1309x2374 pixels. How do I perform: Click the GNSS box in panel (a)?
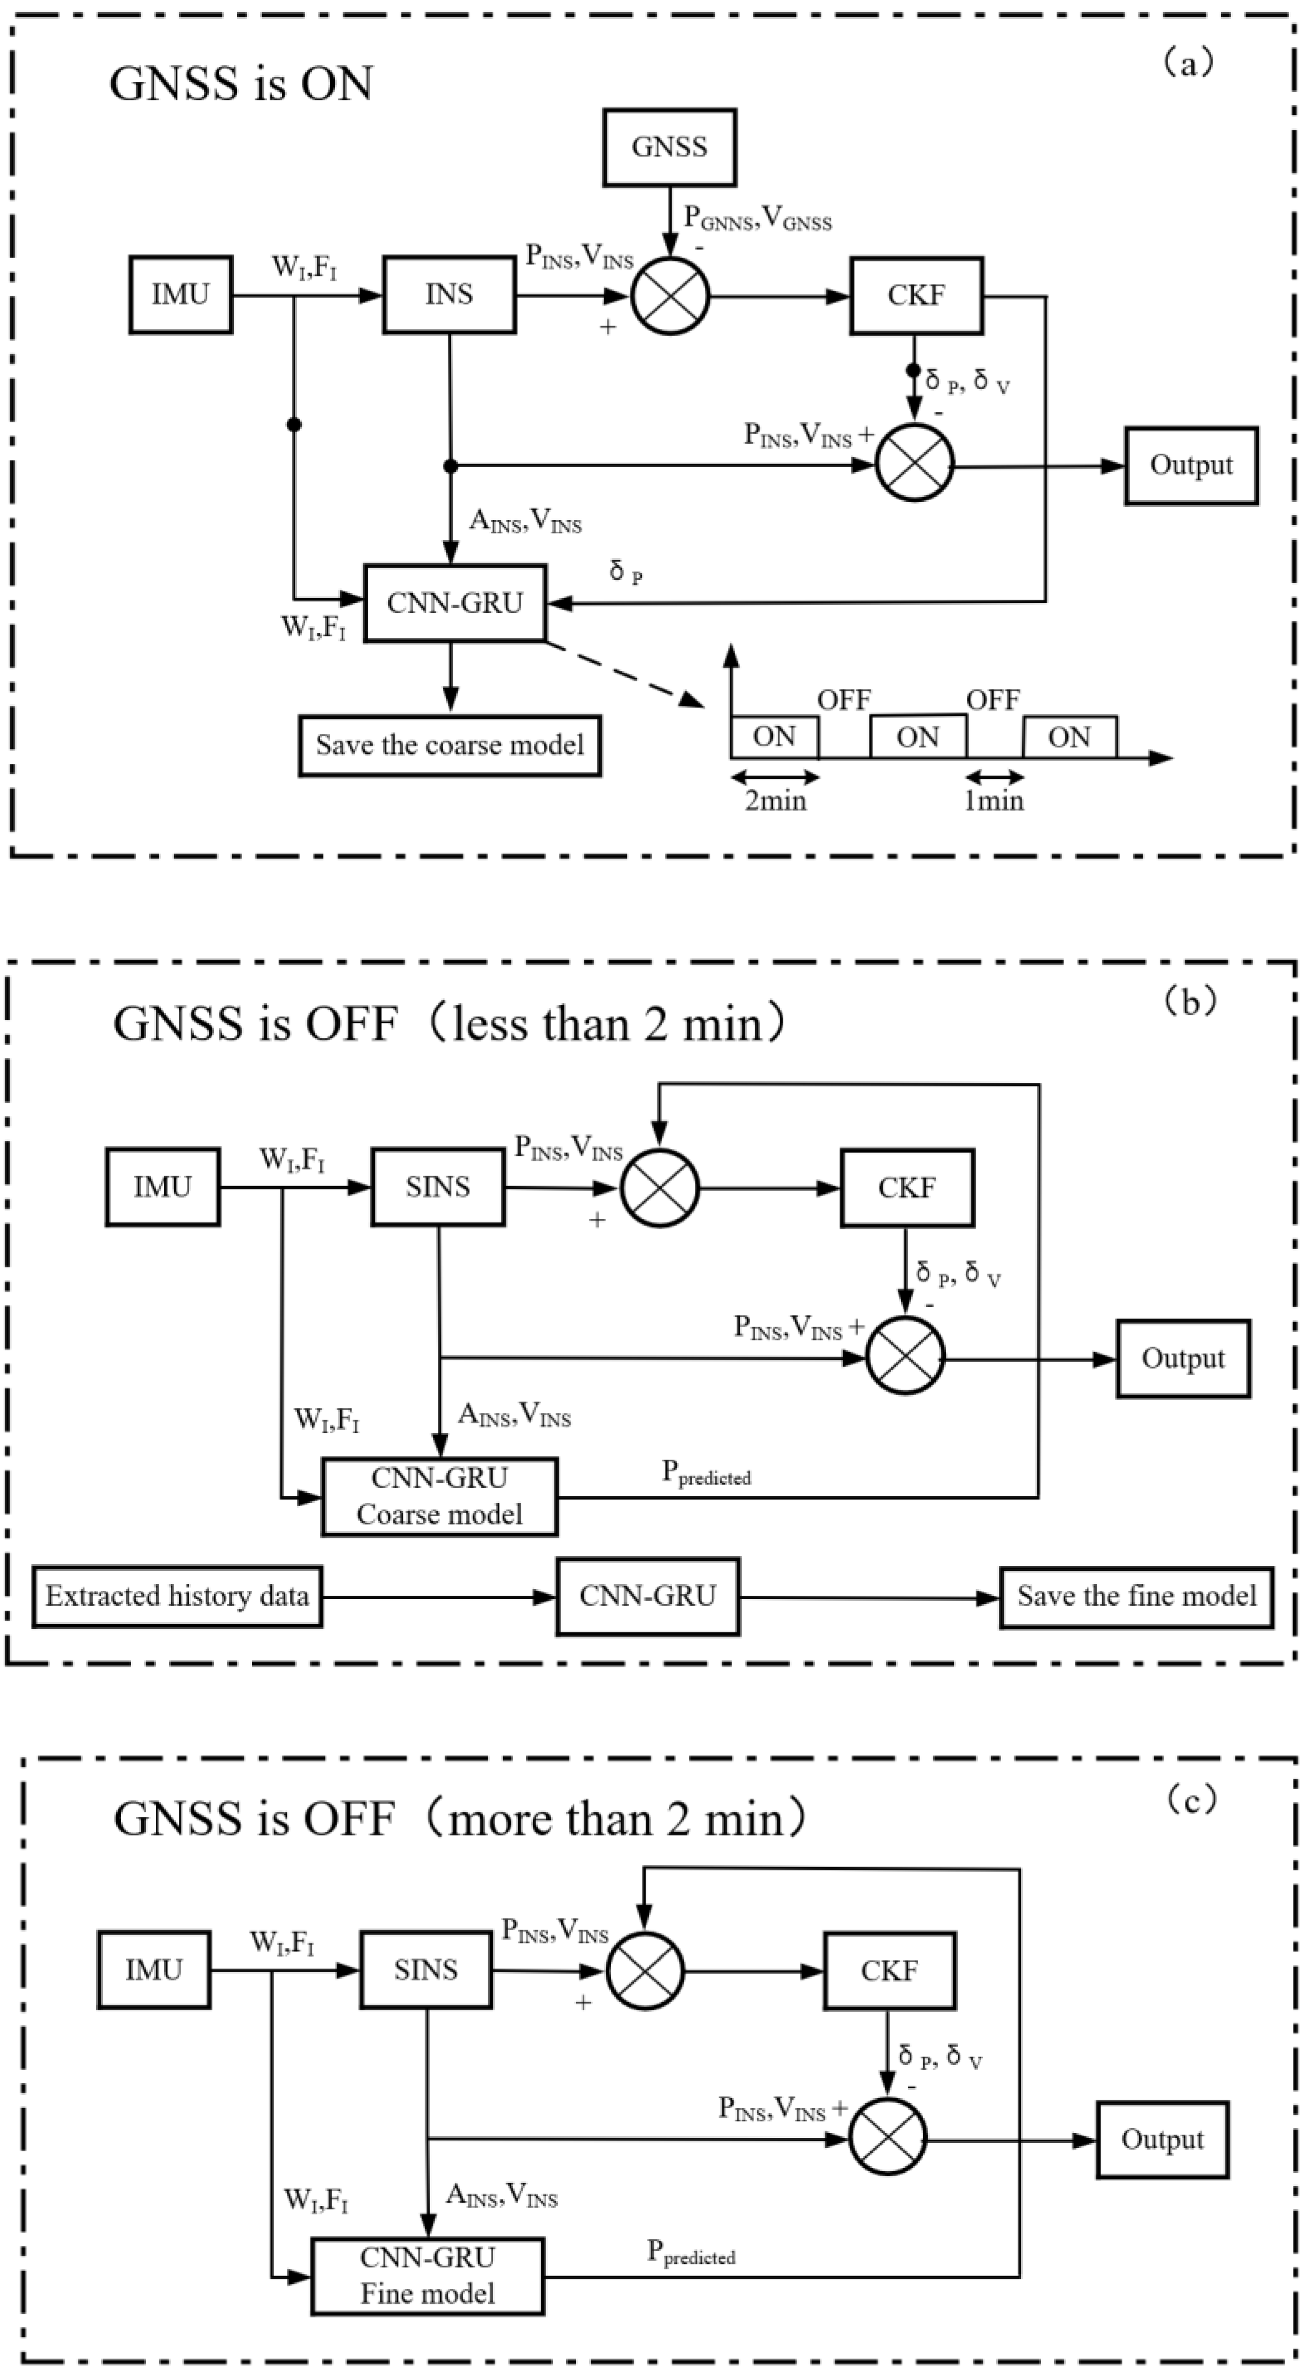click(x=669, y=148)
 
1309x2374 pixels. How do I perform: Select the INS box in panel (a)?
click(x=449, y=295)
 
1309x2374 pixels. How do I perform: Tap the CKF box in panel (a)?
click(x=915, y=295)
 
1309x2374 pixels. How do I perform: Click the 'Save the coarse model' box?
click(x=450, y=745)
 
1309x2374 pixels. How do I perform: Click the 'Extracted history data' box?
click(x=177, y=1596)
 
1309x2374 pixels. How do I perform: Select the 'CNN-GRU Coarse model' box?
click(x=439, y=1497)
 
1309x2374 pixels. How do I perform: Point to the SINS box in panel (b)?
click(x=438, y=1187)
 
